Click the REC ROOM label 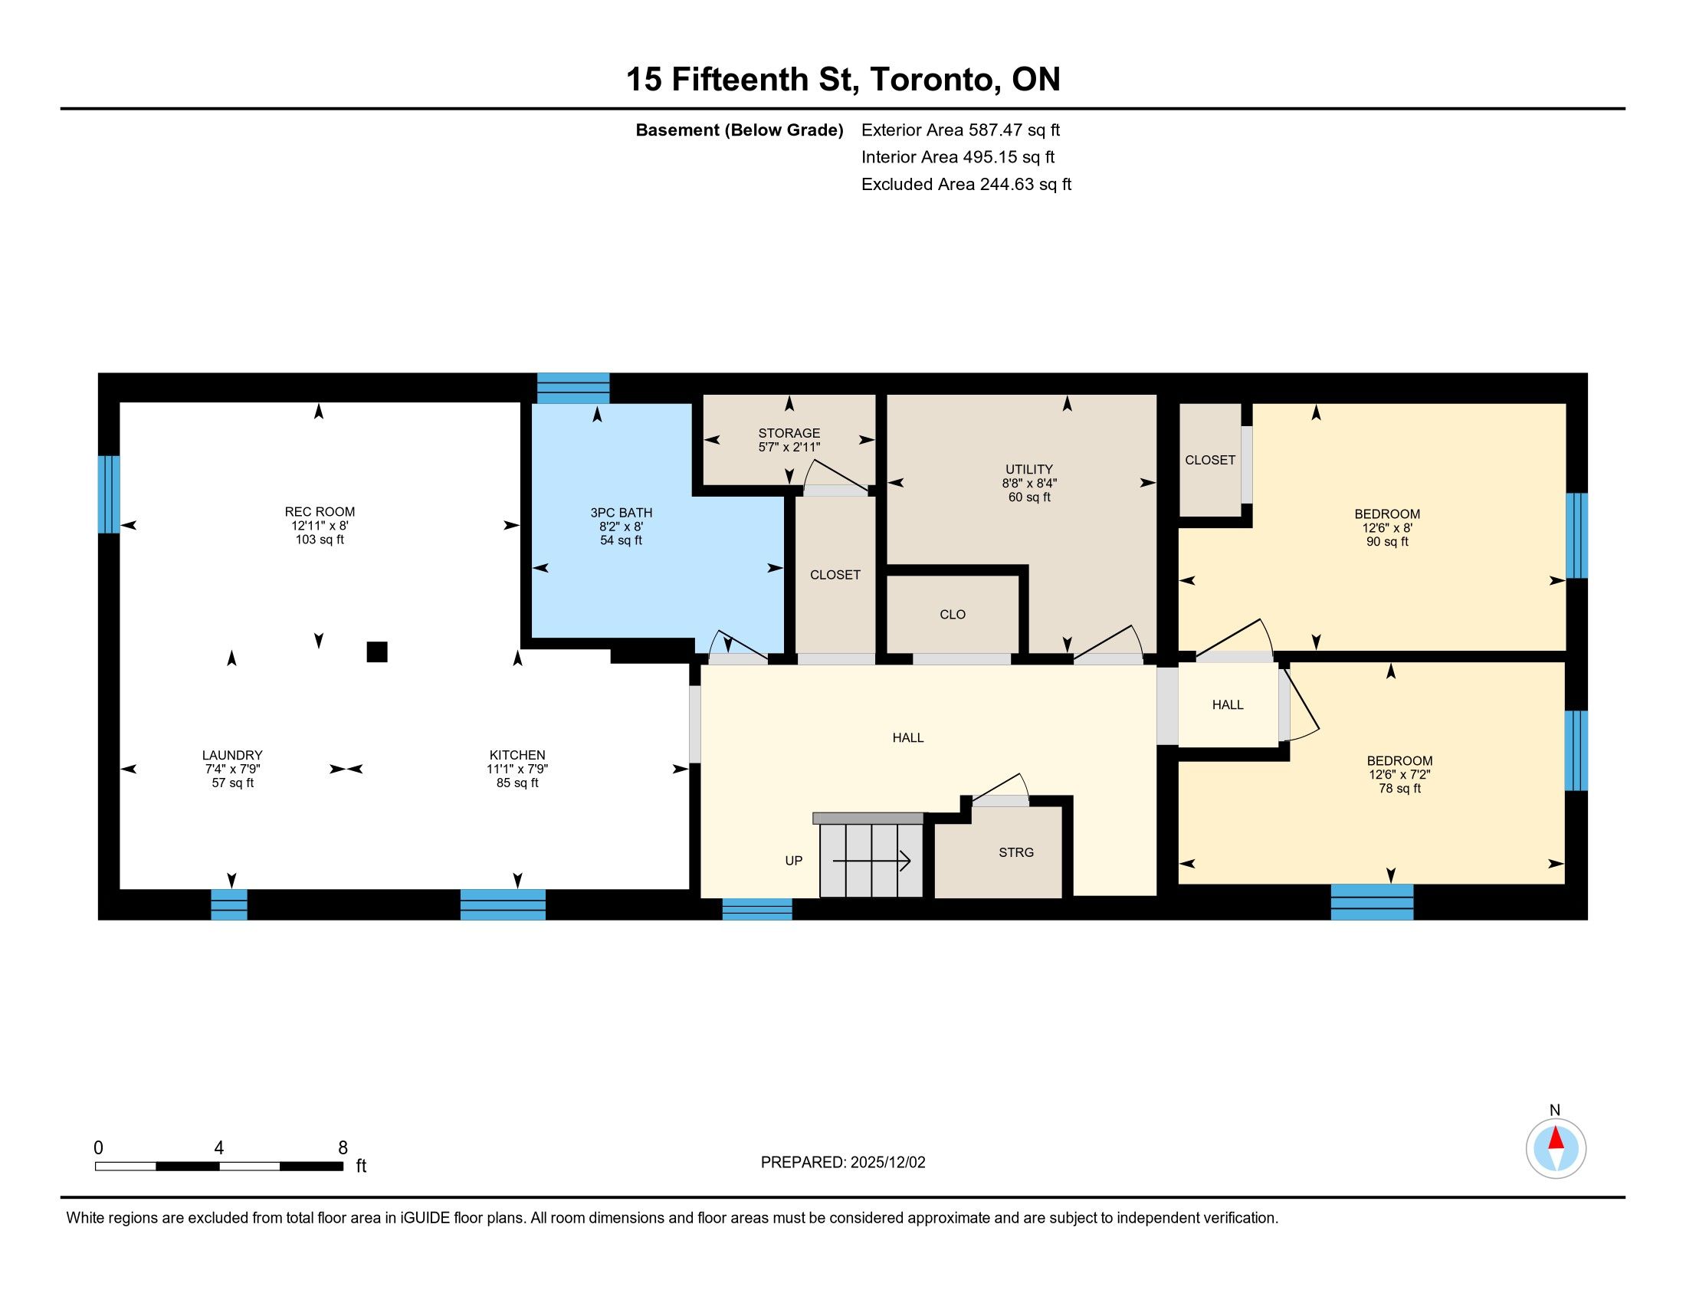tap(320, 512)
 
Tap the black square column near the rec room tap(377, 652)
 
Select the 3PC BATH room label tap(622, 513)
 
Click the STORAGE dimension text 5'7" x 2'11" tap(789, 447)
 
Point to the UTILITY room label tap(1029, 469)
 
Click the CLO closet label tap(953, 615)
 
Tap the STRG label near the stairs tap(1016, 852)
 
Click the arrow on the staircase tap(871, 861)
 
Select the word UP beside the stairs tap(794, 861)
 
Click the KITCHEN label tap(517, 755)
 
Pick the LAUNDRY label tap(232, 755)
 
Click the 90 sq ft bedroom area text tap(1387, 542)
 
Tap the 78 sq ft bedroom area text tap(1399, 788)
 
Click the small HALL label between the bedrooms tap(1228, 704)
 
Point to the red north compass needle tap(1556, 1138)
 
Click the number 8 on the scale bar tap(343, 1148)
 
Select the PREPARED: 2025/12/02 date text tap(843, 1163)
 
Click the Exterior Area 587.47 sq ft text tap(960, 130)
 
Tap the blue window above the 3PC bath tap(573, 389)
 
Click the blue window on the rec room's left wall tap(109, 494)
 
